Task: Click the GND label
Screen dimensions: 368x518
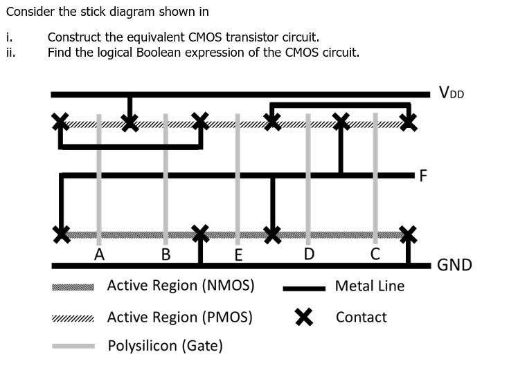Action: pos(454,265)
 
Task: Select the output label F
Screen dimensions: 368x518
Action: pos(423,175)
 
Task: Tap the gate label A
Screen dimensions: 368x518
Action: pos(99,254)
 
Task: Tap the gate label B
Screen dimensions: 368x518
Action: pos(166,254)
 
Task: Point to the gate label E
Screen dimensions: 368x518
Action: pos(238,255)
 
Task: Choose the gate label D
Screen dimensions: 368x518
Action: pos(309,254)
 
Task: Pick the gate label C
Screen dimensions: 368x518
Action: pos(375,254)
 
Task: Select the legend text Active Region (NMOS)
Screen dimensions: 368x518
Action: pos(180,286)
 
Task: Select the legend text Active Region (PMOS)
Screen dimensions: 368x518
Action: pos(179,318)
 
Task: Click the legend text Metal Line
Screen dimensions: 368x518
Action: pos(369,286)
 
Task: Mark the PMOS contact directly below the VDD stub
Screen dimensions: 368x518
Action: pos(129,123)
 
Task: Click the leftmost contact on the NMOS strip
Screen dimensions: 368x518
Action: pos(62,234)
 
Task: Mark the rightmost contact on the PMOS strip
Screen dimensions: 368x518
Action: pos(409,122)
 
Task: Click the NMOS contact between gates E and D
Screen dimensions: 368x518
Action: pos(273,234)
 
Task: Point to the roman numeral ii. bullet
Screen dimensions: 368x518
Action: pos(10,52)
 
